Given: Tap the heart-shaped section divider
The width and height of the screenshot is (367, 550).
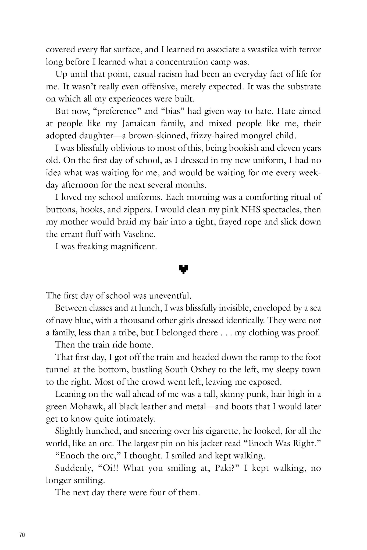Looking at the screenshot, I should coord(183,269).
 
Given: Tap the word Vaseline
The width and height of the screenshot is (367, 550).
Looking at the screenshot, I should coord(139,234).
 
